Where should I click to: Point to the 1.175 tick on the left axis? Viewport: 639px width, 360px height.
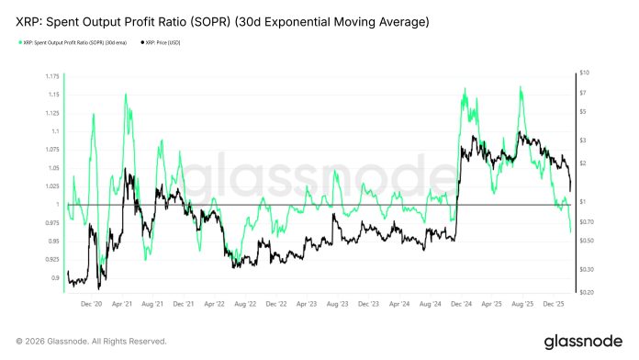coord(53,76)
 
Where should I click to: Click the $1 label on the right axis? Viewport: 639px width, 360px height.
coord(583,201)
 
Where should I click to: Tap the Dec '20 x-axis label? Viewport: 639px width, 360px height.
coord(93,302)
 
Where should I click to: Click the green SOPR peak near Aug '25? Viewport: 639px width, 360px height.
coord(521,87)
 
